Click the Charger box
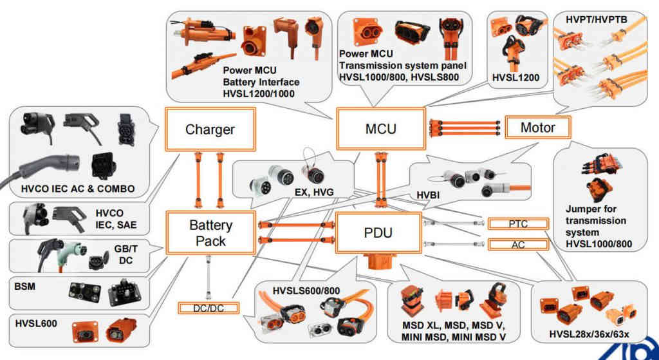click(210, 129)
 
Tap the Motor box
click(537, 128)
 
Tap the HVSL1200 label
click(515, 78)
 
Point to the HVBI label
click(427, 194)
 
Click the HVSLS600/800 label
click(306, 290)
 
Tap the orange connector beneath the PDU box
click(378, 263)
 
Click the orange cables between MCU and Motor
click(465, 126)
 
